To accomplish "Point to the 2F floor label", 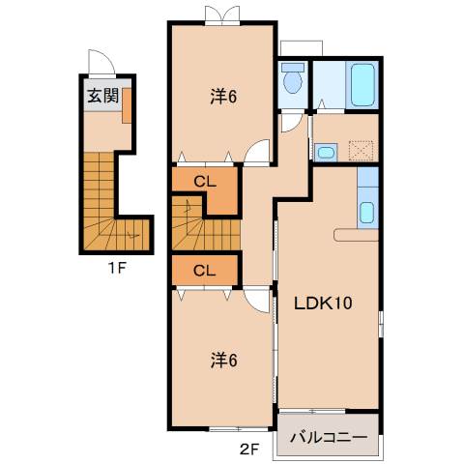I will [250, 448].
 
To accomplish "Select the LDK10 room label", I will [322, 302].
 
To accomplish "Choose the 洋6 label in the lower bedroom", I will [223, 361].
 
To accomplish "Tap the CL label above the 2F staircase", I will [204, 181].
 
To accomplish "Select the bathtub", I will [362, 84].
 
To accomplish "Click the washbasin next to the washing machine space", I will [326, 151].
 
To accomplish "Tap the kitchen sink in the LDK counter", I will [366, 212].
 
